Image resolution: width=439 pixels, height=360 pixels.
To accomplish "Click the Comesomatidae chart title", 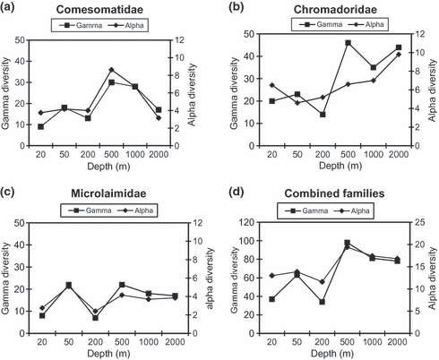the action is point(99,10).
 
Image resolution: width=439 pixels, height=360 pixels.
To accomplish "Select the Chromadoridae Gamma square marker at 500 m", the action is point(348,43).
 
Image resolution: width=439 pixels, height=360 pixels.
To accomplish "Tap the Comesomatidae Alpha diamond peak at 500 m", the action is point(111,70).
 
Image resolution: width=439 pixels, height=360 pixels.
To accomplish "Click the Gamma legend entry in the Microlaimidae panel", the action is point(90,210).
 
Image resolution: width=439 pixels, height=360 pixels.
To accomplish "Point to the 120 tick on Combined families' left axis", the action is point(248,222).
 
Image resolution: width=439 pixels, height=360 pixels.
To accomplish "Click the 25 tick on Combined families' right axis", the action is point(420,222).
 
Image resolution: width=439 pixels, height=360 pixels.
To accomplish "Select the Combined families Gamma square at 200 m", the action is point(322,302).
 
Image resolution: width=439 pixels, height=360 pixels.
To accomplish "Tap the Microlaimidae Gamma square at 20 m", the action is point(42,315).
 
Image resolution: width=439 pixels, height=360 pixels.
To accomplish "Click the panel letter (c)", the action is point(7,192).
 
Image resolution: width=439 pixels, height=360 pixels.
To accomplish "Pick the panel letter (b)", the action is point(236,7).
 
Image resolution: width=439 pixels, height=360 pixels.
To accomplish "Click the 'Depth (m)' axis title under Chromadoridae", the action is point(340,166).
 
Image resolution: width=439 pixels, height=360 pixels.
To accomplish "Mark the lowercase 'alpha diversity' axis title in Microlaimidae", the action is point(211,279).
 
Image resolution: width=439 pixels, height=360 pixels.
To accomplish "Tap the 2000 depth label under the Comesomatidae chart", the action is point(159,155).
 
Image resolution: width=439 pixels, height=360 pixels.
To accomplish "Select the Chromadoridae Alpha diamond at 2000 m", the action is point(399,55).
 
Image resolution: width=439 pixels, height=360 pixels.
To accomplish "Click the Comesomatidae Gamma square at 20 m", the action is point(41,126).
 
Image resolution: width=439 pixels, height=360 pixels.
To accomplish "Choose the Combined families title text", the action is point(334,193).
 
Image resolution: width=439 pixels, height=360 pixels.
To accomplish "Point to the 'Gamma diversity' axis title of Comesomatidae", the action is point(5,93).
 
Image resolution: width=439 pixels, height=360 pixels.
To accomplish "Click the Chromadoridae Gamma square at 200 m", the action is point(323,115).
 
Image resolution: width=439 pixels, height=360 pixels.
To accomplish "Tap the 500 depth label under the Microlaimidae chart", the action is point(122,342).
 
